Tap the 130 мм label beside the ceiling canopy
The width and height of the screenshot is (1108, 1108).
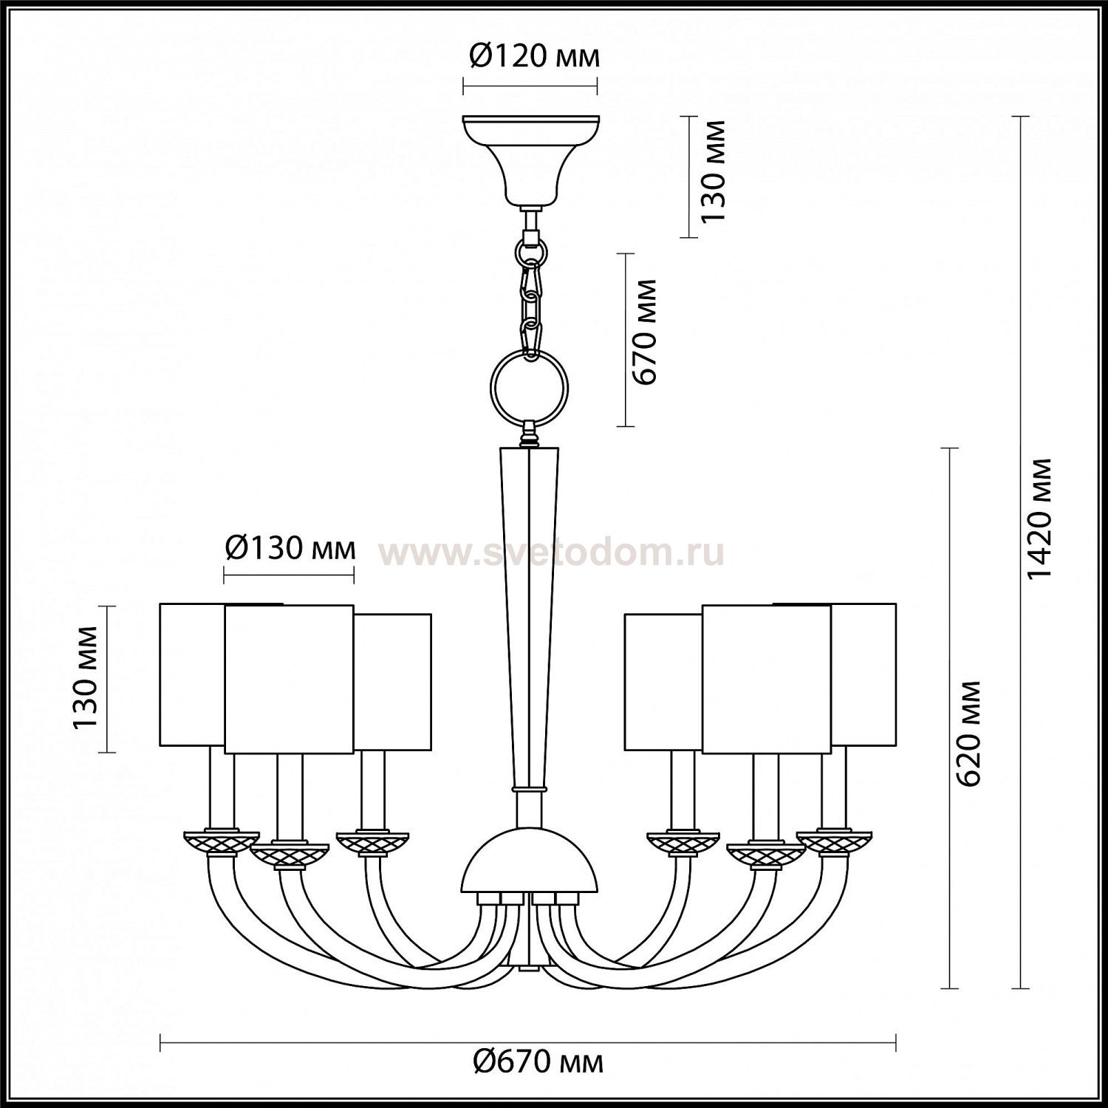714,171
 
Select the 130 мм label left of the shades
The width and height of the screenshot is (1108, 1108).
86,678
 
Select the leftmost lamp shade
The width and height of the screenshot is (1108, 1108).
192,674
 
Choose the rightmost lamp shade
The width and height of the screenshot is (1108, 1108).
864,674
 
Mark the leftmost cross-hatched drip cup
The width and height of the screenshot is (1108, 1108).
220,841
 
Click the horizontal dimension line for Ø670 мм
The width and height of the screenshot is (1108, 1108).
528,1043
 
